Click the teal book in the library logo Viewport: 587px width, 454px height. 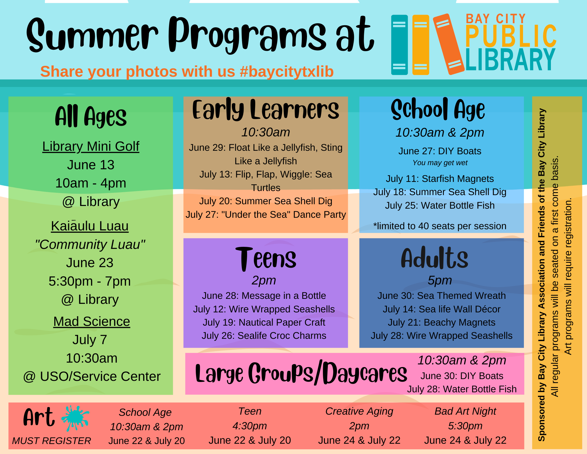tap(399, 45)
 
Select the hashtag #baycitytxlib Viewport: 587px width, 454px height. tap(286, 71)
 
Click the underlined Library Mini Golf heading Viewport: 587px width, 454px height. tap(91, 146)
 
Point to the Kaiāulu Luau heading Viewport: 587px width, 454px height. tap(90, 226)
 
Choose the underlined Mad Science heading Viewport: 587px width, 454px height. tap(92, 321)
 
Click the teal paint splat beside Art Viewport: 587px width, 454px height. tap(75, 418)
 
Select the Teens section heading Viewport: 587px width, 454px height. tap(266, 259)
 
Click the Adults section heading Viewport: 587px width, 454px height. tap(434, 258)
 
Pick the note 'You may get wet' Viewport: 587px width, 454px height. tap(440, 163)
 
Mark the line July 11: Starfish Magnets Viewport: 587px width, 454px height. tap(440, 179)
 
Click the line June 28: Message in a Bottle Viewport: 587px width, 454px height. tap(264, 296)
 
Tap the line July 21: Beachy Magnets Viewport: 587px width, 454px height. tap(441, 322)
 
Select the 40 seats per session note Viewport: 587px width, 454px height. tap(440, 226)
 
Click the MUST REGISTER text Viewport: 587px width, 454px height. tap(52, 441)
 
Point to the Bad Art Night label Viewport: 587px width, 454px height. tap(465, 411)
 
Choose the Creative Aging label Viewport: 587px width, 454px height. tap(359, 411)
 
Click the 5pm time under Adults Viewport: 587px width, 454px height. tap(440, 280)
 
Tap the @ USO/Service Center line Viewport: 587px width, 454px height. tap(92, 376)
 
